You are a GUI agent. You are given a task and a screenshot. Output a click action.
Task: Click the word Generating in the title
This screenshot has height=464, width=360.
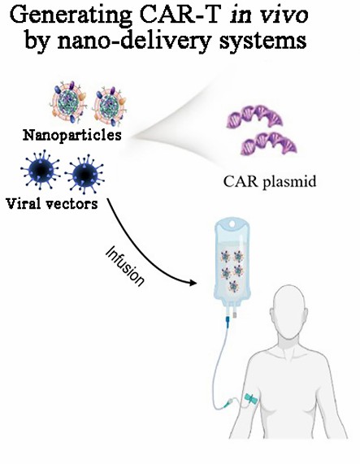[x=68, y=16]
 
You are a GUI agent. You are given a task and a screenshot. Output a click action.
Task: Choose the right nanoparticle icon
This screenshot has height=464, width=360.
[x=114, y=106]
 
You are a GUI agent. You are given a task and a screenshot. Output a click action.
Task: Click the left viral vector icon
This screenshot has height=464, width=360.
[x=34, y=173]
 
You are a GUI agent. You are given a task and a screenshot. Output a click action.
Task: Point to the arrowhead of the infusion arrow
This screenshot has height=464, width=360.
[x=195, y=284]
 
